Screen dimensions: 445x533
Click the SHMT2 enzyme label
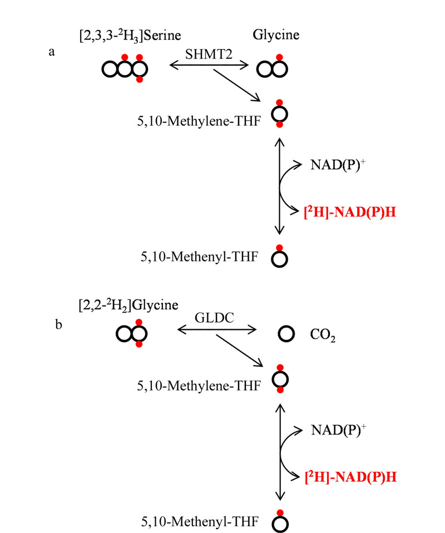point(209,55)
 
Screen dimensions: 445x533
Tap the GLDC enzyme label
point(214,318)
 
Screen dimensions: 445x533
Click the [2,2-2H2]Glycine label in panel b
point(128,305)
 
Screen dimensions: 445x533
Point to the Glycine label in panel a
point(276,35)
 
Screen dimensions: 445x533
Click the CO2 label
point(323,335)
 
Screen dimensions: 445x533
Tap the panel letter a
point(52,52)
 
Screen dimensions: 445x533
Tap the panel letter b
point(59,324)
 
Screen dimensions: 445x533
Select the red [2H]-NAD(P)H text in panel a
point(350,212)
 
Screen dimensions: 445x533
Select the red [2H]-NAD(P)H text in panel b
point(351,477)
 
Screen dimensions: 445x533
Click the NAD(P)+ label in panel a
point(338,165)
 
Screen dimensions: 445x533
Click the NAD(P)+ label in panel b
point(339,430)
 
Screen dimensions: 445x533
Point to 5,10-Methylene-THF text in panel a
point(199,121)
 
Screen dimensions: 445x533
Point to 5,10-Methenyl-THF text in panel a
point(200,256)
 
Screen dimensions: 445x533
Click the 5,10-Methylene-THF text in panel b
point(199,386)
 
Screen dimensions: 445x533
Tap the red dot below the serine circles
point(140,80)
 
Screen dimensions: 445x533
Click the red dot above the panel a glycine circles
point(279,57)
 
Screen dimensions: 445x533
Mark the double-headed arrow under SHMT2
point(209,65)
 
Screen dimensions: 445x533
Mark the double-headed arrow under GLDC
point(217,329)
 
